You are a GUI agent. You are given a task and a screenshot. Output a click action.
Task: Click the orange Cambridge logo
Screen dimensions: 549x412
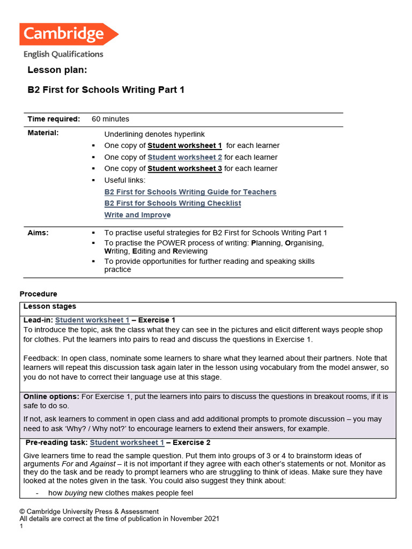point(68,34)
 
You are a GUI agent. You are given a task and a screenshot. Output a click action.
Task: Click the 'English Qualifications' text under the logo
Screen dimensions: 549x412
point(63,54)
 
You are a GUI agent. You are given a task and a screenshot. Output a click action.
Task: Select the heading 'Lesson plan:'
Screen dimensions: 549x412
point(57,70)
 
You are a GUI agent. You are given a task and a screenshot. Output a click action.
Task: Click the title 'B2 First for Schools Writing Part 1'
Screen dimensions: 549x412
point(106,90)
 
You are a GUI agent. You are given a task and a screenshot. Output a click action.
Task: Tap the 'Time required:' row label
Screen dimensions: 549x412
point(54,119)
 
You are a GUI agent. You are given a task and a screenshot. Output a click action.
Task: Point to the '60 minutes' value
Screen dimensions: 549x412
point(111,119)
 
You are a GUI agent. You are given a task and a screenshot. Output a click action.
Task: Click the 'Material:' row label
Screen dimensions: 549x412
point(43,132)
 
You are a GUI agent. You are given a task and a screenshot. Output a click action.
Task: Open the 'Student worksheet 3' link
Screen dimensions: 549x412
point(185,168)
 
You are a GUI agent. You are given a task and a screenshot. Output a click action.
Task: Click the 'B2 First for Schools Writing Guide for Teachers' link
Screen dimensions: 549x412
point(190,192)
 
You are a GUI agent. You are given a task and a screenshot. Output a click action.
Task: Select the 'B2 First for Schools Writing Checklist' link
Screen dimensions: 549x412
point(173,203)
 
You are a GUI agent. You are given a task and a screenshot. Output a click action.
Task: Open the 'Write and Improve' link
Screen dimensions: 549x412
point(137,215)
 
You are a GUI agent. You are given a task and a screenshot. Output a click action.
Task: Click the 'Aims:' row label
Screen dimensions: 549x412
point(38,233)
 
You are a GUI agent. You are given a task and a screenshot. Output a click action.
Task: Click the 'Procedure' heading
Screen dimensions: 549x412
point(38,294)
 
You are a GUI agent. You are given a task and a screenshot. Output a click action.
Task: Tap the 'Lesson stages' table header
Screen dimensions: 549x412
point(50,307)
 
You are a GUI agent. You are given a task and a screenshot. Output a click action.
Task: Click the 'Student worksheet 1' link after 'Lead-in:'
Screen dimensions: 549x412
point(92,320)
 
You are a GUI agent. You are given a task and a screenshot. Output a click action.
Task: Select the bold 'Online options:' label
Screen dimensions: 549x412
point(51,396)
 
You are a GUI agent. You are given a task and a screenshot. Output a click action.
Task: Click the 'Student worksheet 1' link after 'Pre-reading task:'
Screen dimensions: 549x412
point(127,443)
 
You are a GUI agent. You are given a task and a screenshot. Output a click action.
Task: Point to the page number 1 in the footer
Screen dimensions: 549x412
point(21,526)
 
